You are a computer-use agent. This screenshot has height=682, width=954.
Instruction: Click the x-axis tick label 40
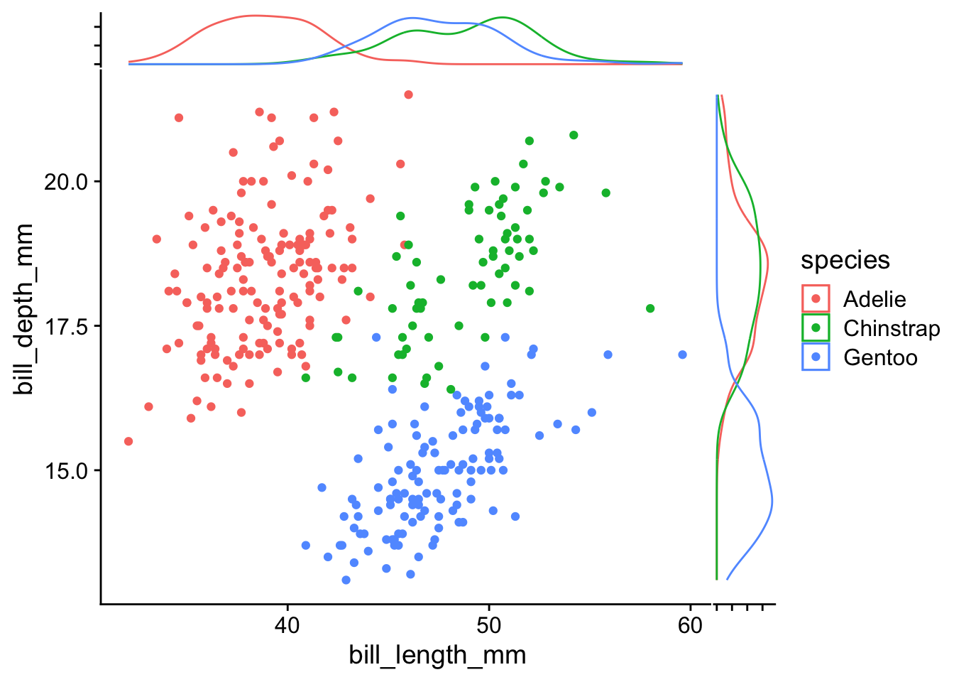[x=287, y=625]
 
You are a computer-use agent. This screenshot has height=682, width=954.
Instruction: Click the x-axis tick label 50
[x=488, y=625]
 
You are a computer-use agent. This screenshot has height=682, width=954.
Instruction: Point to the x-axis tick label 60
[x=690, y=625]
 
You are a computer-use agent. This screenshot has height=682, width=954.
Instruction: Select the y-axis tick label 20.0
[x=66, y=182]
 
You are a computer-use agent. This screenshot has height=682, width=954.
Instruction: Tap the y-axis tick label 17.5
[x=66, y=326]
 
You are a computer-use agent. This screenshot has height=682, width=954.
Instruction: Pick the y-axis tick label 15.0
[x=66, y=470]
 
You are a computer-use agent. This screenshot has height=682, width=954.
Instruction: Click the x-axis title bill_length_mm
[x=437, y=655]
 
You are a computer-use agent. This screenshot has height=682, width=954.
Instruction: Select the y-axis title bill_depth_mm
[x=26, y=309]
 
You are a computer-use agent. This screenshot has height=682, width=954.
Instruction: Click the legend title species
[x=845, y=260]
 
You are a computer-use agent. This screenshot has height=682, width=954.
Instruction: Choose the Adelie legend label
[x=874, y=299]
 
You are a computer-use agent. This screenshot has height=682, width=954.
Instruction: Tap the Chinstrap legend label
[x=891, y=328]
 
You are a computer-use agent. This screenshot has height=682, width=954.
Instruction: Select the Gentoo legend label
[x=880, y=357]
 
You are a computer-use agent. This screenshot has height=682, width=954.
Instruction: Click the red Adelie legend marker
[x=816, y=299]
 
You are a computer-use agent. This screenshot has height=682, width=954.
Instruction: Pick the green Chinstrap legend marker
[x=816, y=328]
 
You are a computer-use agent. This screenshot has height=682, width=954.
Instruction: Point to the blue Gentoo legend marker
[x=816, y=357]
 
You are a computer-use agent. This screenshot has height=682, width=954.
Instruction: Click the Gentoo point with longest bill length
[x=682, y=354]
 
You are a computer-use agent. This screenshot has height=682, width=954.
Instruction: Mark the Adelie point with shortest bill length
[x=128, y=441]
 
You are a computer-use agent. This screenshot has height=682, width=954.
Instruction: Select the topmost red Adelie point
[x=408, y=94]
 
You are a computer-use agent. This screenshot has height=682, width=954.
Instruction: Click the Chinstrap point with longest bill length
[x=650, y=308]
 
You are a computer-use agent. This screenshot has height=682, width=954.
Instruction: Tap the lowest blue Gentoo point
[x=346, y=580]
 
